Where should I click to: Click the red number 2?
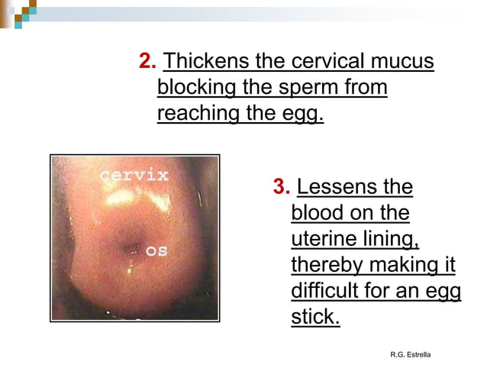(147, 61)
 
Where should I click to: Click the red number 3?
(281, 187)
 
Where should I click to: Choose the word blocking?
(196, 89)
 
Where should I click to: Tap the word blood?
(318, 213)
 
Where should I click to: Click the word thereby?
(327, 265)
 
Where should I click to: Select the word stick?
(315, 317)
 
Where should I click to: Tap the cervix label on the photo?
(134, 175)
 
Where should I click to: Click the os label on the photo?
(157, 250)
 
